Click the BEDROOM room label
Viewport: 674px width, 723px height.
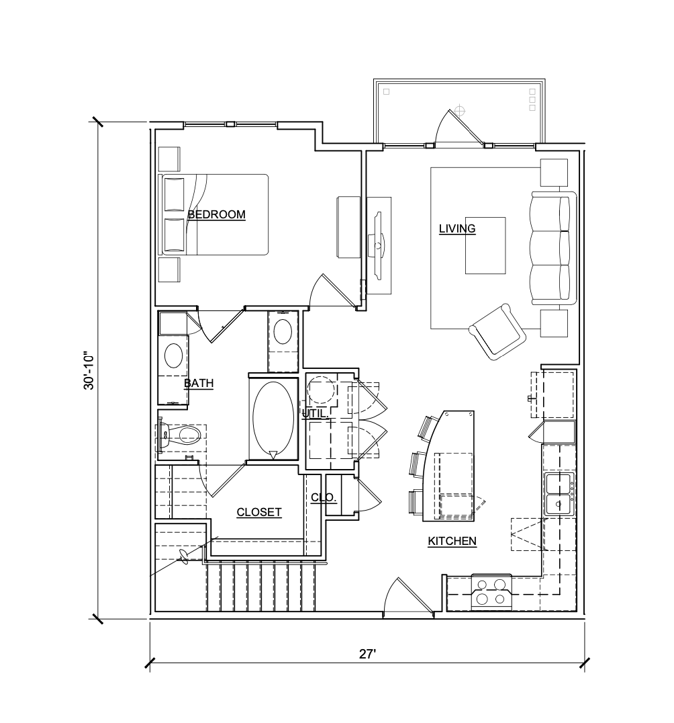[216, 215]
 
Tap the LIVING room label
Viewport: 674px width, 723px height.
[457, 229]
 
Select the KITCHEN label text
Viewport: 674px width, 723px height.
[452, 541]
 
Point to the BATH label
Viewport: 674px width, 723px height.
[199, 384]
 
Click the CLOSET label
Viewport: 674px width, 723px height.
[259, 513]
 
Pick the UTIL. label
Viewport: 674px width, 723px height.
[315, 415]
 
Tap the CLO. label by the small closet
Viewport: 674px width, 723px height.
[324, 498]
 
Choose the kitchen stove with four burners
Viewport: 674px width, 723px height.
[491, 592]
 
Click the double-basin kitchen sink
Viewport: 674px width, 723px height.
[559, 494]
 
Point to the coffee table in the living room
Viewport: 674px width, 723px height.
[485, 245]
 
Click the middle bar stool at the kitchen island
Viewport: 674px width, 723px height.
[418, 464]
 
